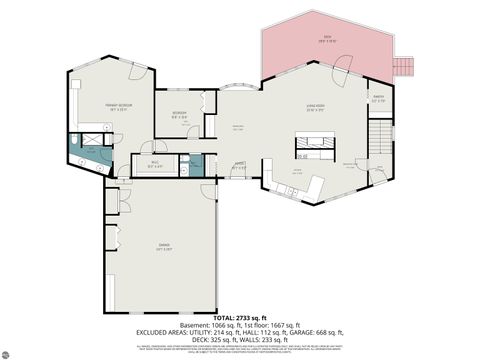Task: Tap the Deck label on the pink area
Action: point(327,40)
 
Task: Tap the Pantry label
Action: point(378,100)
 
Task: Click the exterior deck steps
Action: point(405,66)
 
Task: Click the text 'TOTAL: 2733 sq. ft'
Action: point(240,316)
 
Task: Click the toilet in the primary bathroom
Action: point(76,139)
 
